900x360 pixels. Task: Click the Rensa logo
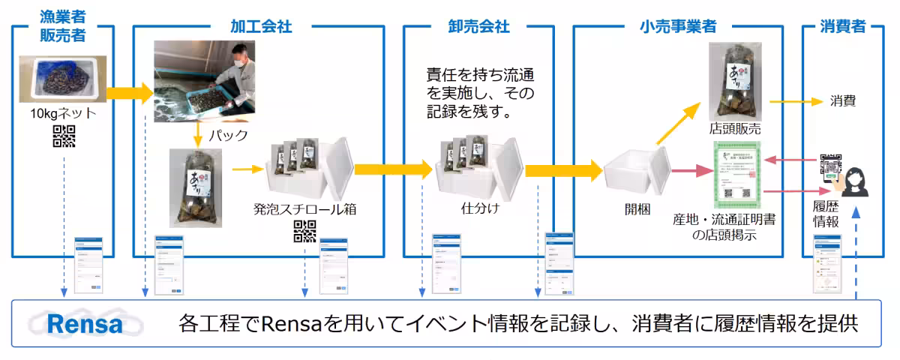(84, 325)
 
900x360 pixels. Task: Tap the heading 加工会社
(261, 27)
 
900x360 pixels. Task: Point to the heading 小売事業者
(678, 27)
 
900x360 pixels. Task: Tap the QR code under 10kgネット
(64, 136)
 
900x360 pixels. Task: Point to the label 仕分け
(480, 208)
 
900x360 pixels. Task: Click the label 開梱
(634, 208)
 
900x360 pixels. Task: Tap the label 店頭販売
(734, 127)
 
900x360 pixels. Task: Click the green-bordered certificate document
(734, 174)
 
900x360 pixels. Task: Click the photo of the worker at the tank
(204, 80)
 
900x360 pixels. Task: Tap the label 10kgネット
(64, 114)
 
